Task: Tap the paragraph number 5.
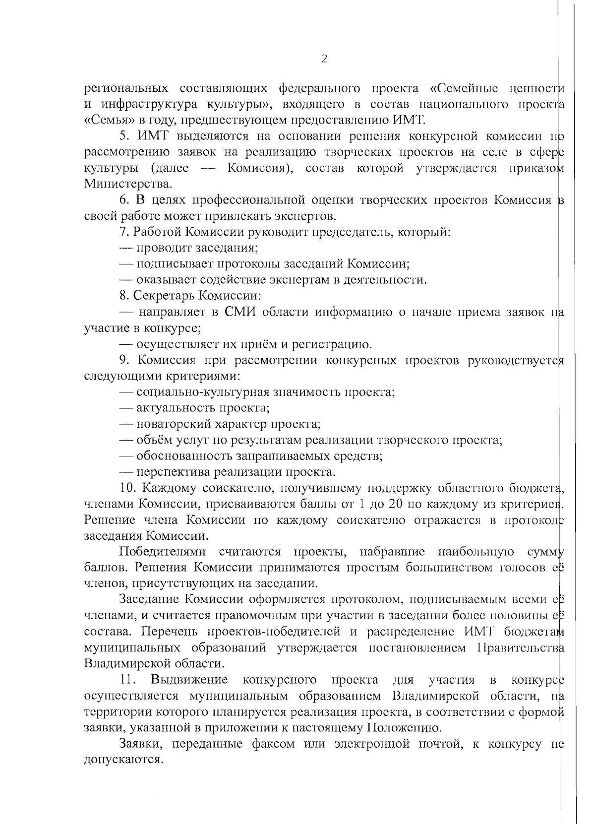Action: (124, 136)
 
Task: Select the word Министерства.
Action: (128, 184)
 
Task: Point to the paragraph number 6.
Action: (124, 200)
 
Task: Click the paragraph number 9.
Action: (124, 360)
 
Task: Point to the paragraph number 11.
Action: (127, 680)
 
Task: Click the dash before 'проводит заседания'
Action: (127, 248)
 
